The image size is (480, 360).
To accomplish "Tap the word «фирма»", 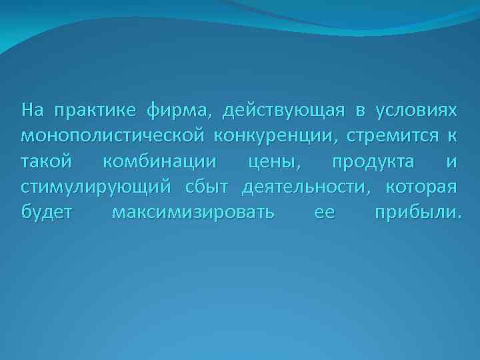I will pos(181,110).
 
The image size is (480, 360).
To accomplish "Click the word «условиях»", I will pos(417,109).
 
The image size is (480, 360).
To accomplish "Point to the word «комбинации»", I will pos(160,162).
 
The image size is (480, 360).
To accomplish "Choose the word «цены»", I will pos(271,163).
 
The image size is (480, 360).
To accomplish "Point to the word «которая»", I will pos(421,188).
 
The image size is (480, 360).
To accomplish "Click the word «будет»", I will pos(48,214).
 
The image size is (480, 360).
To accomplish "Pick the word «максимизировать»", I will pos(193,214).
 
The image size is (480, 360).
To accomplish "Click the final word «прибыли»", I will pos(416,214).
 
